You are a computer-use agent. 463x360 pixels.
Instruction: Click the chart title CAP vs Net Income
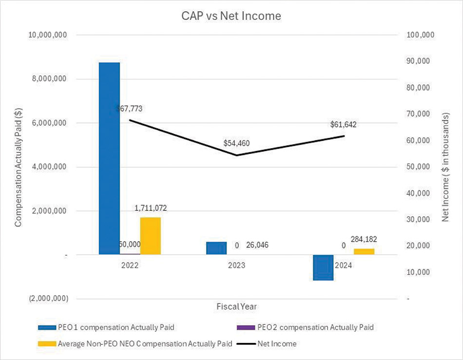point(231,16)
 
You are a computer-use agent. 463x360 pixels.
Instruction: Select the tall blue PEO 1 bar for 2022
point(109,158)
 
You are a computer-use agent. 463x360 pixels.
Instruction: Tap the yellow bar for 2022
point(151,236)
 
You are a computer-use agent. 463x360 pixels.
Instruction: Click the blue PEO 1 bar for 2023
point(216,248)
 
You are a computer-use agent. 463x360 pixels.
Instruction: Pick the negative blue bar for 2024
point(323,267)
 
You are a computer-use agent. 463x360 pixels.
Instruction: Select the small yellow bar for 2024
point(364,252)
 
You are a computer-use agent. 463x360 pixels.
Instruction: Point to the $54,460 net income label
point(236,143)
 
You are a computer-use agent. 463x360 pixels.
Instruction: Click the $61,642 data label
point(344,125)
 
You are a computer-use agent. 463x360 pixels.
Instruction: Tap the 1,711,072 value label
point(151,208)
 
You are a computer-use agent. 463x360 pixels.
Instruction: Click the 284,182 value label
point(364,239)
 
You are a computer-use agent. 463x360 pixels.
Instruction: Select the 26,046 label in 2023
point(257,245)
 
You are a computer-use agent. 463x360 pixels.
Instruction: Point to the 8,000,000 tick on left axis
point(49,79)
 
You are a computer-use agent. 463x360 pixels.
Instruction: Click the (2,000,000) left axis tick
point(48,299)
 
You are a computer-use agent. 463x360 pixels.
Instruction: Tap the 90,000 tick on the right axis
point(419,61)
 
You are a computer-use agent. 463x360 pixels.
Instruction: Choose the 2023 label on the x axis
point(236,265)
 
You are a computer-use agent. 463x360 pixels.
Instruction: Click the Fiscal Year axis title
point(236,307)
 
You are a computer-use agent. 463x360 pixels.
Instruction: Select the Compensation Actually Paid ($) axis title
point(19,167)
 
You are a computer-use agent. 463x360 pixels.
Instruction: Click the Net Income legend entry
point(267,344)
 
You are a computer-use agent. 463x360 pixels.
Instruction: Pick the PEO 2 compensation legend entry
point(305,327)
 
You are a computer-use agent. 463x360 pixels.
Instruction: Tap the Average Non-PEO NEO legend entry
point(135,344)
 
